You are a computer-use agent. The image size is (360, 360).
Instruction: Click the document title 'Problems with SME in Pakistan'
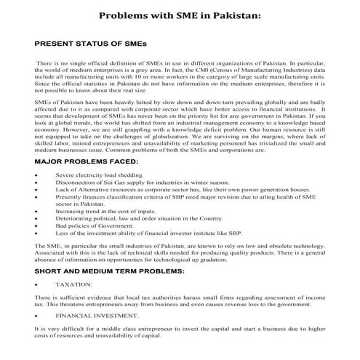tap(180, 15)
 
